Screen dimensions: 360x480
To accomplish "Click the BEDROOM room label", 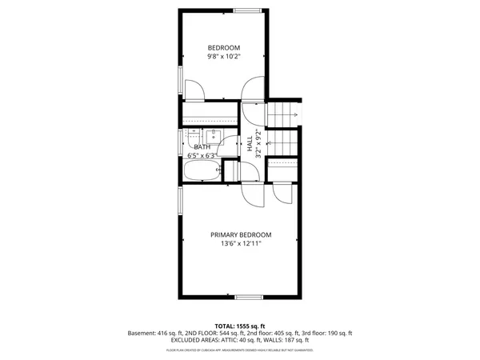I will [224, 47].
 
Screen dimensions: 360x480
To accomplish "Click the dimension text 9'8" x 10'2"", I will [224, 56].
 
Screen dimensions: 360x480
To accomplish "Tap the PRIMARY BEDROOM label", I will [241, 234].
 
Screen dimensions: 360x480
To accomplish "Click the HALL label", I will [250, 145].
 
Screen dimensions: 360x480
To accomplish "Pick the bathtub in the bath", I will [200, 171].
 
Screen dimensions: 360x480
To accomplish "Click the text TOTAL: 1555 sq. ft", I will [240, 326].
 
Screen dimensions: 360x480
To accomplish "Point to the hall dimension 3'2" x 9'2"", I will [258, 144].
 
